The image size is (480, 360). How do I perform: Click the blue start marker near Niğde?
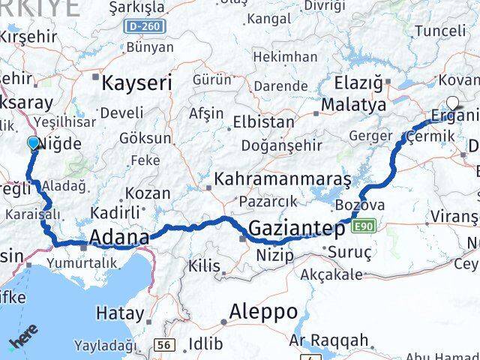click(x=32, y=142)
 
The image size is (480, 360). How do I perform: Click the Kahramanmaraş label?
click(x=283, y=179)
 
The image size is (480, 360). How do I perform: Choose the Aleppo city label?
click(x=263, y=310)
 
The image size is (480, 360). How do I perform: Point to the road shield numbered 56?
click(x=164, y=344)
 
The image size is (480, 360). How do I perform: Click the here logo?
click(x=22, y=341)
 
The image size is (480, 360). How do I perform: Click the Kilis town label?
click(x=204, y=265)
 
